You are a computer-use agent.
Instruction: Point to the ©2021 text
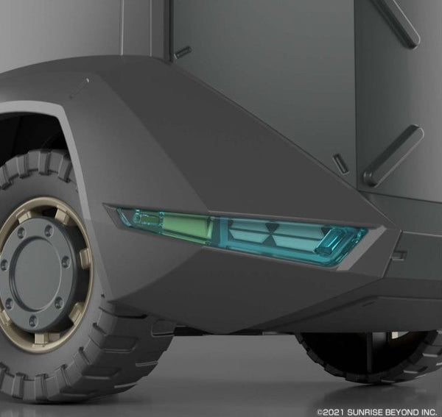coord(331,413)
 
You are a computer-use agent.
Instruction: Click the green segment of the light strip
coord(186,225)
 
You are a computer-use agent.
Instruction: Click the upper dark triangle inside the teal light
coord(270,227)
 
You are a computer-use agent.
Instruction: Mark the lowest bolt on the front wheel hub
coord(32,320)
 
